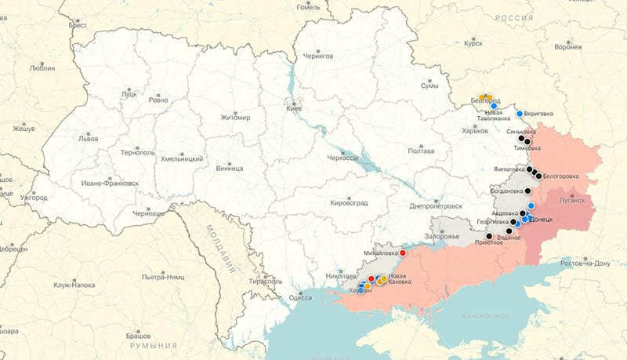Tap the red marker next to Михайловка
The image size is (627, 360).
[x=403, y=253]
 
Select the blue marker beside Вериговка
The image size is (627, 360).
[x=519, y=114]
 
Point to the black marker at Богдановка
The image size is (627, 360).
[x=527, y=191]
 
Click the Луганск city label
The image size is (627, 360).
[x=571, y=200]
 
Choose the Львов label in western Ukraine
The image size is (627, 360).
[x=89, y=138]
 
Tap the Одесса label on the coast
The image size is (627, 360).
[x=300, y=297]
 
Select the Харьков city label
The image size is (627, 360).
[x=475, y=131]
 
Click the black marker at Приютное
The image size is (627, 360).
[x=489, y=236]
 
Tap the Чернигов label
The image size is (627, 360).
[x=317, y=56]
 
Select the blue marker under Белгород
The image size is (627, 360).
[x=494, y=107]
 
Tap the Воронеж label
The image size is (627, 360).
[x=568, y=47]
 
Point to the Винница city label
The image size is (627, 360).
[x=229, y=169]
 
